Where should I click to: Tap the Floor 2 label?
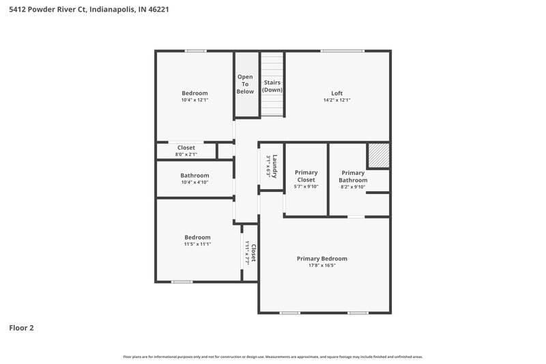pos(21,328)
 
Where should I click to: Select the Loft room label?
pos(337,94)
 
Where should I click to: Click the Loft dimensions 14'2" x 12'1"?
pos(337,100)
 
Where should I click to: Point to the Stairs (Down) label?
pos(272,86)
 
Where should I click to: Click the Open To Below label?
pos(245,84)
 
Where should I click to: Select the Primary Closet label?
pos(305,176)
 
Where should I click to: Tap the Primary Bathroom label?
pos(353,176)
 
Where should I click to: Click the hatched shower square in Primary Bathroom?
pos(378,155)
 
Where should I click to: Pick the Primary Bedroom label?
pos(322,259)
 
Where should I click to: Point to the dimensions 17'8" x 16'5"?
pos(322,266)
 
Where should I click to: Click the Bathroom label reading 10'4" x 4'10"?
pos(195,179)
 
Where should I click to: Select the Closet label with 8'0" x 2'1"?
pos(186,151)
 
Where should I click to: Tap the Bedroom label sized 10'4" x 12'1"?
pos(195,96)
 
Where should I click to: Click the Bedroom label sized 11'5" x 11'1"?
pos(197,240)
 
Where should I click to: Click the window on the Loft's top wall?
pos(343,51)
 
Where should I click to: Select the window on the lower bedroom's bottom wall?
pos(182,281)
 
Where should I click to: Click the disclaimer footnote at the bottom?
pos(273,356)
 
